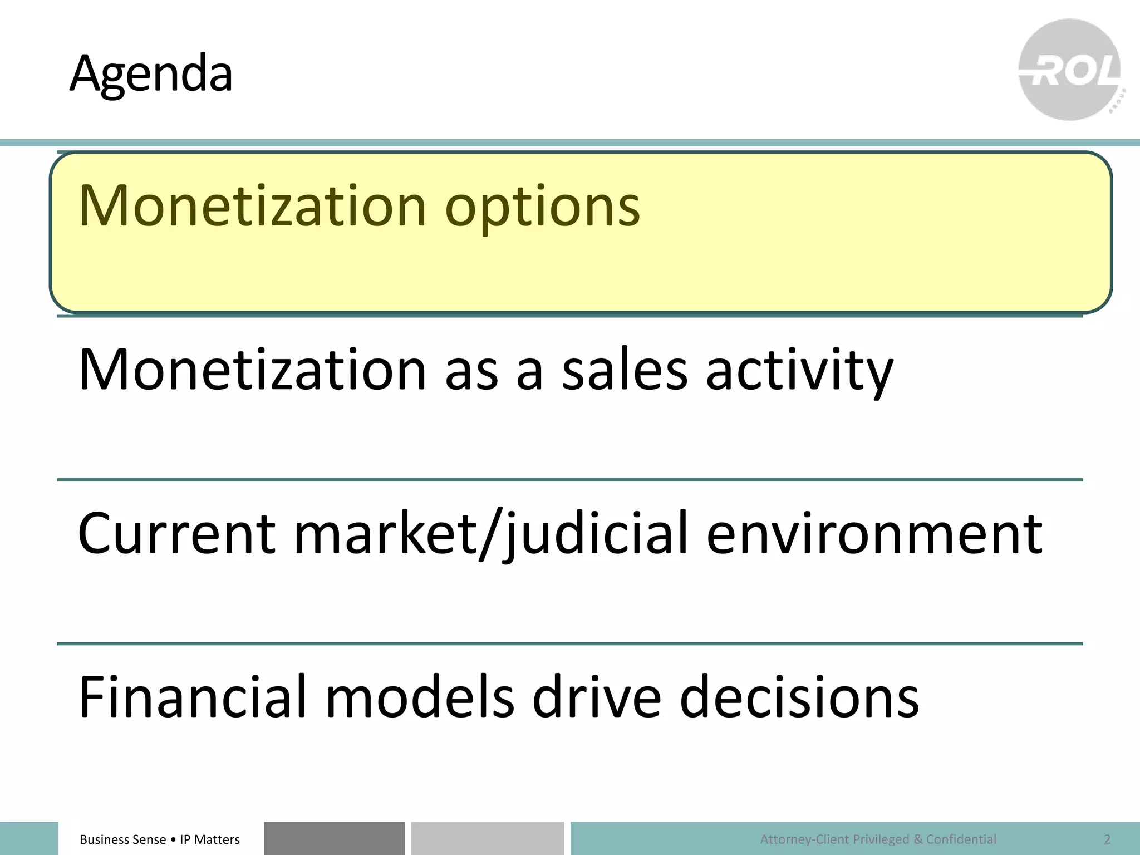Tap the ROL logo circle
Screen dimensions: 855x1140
(x=1070, y=70)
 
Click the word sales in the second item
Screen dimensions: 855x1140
(x=625, y=370)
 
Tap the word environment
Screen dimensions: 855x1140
(x=874, y=533)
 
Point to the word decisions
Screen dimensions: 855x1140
(x=799, y=696)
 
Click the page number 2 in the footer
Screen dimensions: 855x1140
(x=1107, y=839)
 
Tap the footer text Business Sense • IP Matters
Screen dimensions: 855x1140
(x=160, y=839)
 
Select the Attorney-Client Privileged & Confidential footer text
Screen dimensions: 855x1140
(x=878, y=839)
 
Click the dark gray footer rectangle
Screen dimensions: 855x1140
(x=334, y=838)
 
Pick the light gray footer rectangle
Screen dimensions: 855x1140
(x=487, y=838)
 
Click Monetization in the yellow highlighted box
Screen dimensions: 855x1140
(x=252, y=206)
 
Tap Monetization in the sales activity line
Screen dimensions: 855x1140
(x=252, y=370)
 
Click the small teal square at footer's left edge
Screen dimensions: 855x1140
(x=28, y=838)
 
